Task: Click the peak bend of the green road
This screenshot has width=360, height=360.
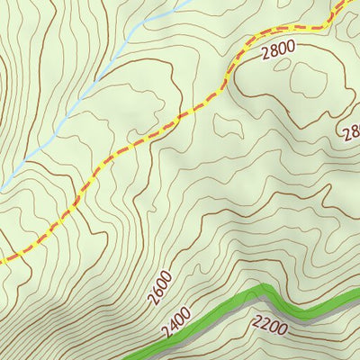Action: click(265, 288)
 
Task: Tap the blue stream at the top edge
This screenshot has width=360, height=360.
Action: click(189, 3)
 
